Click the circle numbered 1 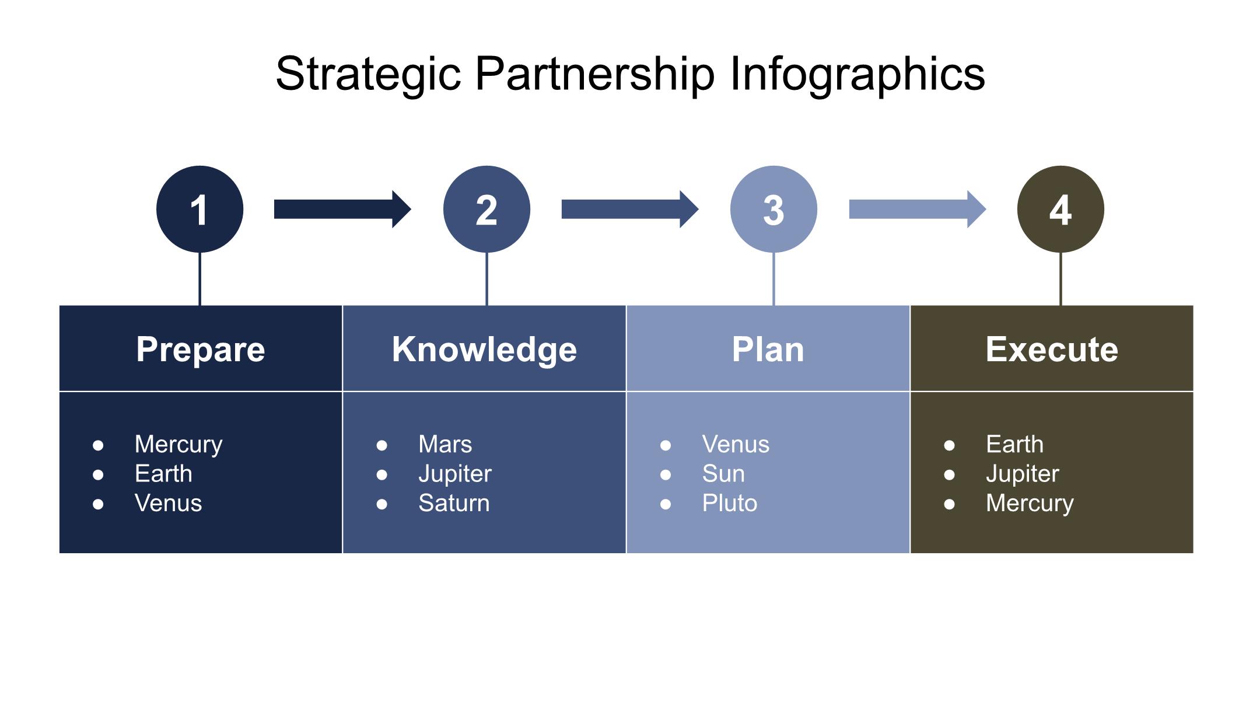[x=199, y=209]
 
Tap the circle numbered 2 [x=487, y=209]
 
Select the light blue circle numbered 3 [x=773, y=209]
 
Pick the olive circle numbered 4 [x=1060, y=209]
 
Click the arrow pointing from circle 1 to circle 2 [x=342, y=209]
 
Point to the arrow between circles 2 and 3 [x=629, y=209]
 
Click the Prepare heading [x=201, y=349]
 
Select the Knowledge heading [x=484, y=349]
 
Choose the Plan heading [x=768, y=349]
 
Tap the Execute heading [x=1052, y=349]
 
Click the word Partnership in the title [x=594, y=74]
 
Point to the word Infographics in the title [x=857, y=74]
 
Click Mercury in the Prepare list [x=178, y=445]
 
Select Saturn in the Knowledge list [x=454, y=503]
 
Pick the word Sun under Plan [x=723, y=474]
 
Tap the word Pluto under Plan [x=729, y=503]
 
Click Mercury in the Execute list [x=1030, y=503]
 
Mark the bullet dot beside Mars [x=382, y=446]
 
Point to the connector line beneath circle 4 [x=1060, y=279]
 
